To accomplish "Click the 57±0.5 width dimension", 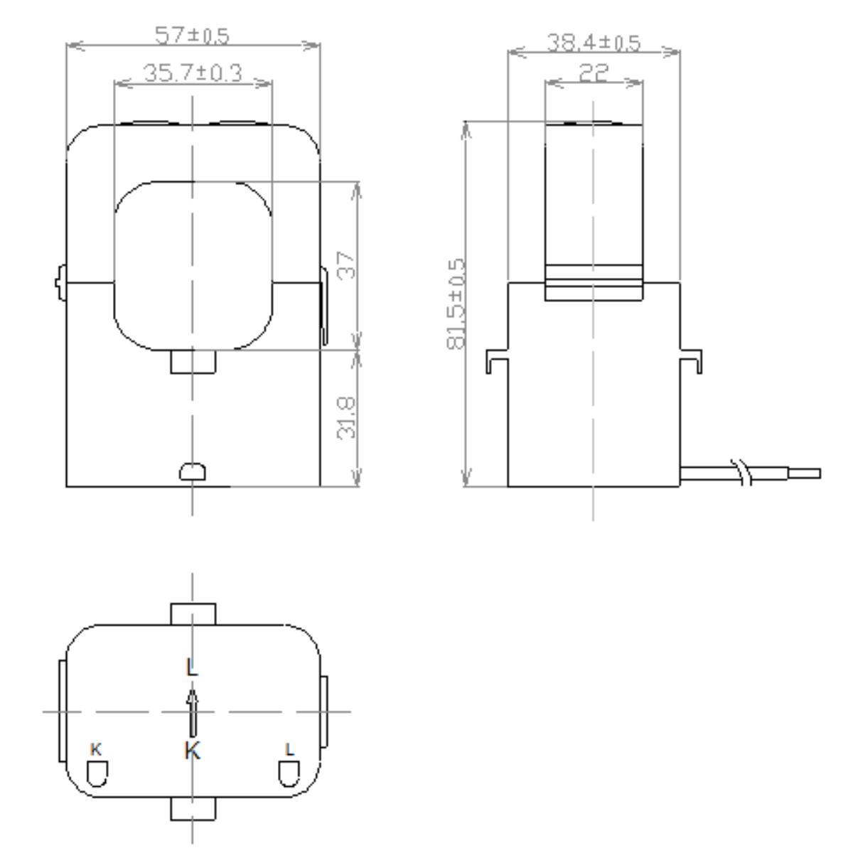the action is click(192, 36).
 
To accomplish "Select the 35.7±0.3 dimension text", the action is click(193, 73).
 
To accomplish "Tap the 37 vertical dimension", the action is click(347, 264).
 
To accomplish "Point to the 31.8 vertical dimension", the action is click(347, 418).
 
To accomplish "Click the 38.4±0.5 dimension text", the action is click(594, 43).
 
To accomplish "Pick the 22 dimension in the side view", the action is click(594, 73).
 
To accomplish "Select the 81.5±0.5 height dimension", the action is click(456, 304).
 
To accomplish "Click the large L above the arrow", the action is click(192, 667).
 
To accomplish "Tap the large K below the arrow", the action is click(193, 751).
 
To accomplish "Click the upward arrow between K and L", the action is click(193, 713).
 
